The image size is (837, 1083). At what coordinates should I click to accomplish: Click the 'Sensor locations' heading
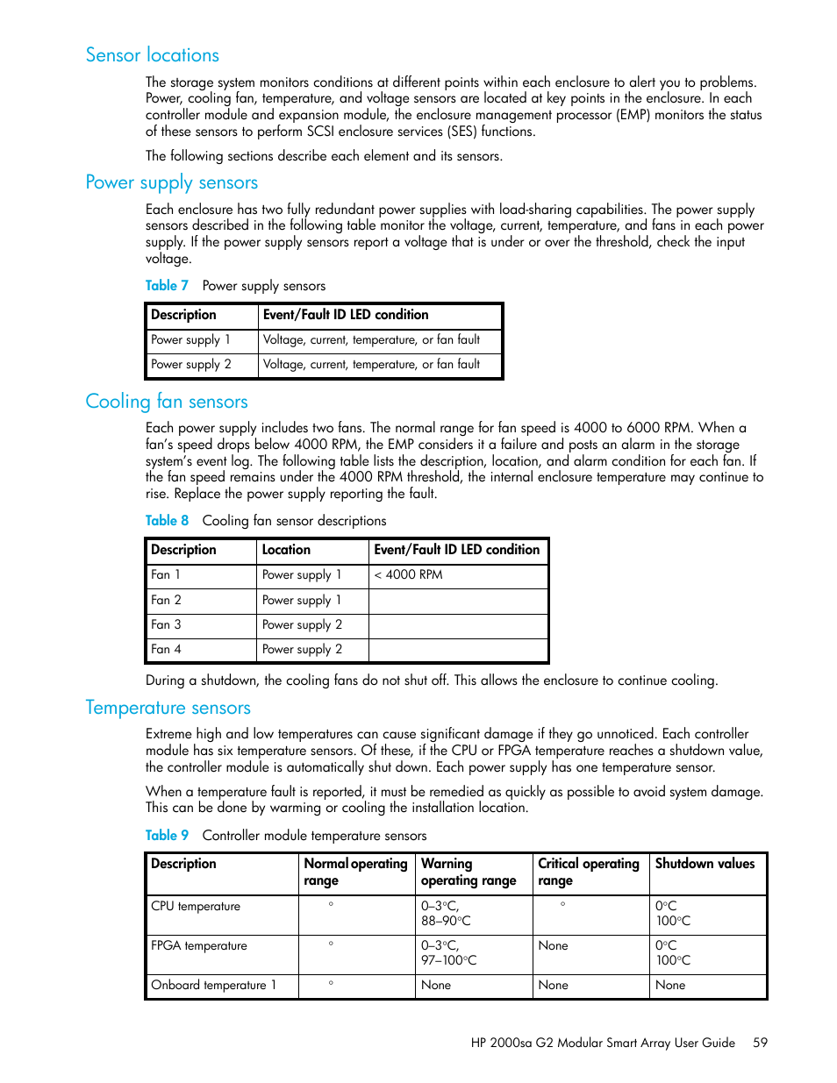[x=153, y=55]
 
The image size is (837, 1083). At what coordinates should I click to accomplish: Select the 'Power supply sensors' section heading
[x=172, y=182]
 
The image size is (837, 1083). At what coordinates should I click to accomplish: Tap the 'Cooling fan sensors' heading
[x=167, y=402]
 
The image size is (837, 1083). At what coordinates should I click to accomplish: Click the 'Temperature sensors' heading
[x=168, y=708]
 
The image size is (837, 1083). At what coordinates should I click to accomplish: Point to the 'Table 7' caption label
[x=167, y=286]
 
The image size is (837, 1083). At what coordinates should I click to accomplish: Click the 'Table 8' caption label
[x=167, y=521]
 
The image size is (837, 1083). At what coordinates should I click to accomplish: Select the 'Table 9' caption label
[x=167, y=836]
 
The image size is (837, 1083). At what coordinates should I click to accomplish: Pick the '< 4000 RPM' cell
[x=409, y=575]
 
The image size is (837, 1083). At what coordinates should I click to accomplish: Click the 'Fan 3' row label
[x=166, y=625]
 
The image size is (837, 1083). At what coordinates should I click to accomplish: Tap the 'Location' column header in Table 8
[x=286, y=550]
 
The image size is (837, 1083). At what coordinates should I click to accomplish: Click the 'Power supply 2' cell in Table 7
[x=191, y=365]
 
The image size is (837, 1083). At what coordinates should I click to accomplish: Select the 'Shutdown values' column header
[x=705, y=864]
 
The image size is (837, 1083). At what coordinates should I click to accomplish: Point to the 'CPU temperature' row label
[x=196, y=907]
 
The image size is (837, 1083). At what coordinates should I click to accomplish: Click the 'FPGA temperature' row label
[x=199, y=946]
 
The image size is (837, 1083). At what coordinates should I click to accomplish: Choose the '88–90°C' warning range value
[x=446, y=922]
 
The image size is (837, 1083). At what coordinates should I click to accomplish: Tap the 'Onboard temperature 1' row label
[x=213, y=986]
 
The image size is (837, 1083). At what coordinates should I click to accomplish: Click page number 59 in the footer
[x=760, y=1043]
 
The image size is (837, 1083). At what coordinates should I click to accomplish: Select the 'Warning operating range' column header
[x=469, y=873]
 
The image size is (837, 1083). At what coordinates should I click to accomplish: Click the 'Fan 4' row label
[x=166, y=650]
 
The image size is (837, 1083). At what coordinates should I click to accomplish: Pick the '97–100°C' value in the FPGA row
[x=449, y=961]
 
